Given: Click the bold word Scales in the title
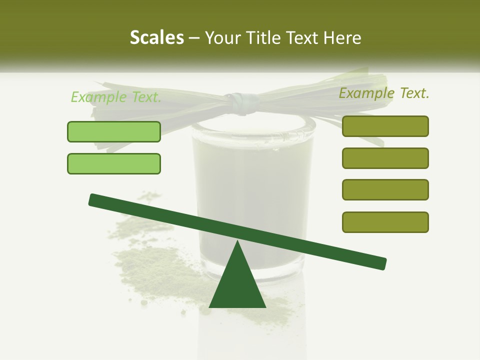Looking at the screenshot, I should [x=156, y=37].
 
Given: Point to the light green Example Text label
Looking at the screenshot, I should [x=116, y=97].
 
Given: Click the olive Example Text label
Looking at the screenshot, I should [x=384, y=93].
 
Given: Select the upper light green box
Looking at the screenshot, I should [x=114, y=131].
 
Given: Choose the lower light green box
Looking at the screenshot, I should [x=114, y=163].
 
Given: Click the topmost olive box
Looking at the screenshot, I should [x=385, y=126].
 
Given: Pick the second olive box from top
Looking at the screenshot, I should [x=385, y=158].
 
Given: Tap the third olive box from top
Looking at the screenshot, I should [x=385, y=190].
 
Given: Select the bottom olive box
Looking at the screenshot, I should [x=385, y=222].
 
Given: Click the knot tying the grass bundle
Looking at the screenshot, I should [x=242, y=102].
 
